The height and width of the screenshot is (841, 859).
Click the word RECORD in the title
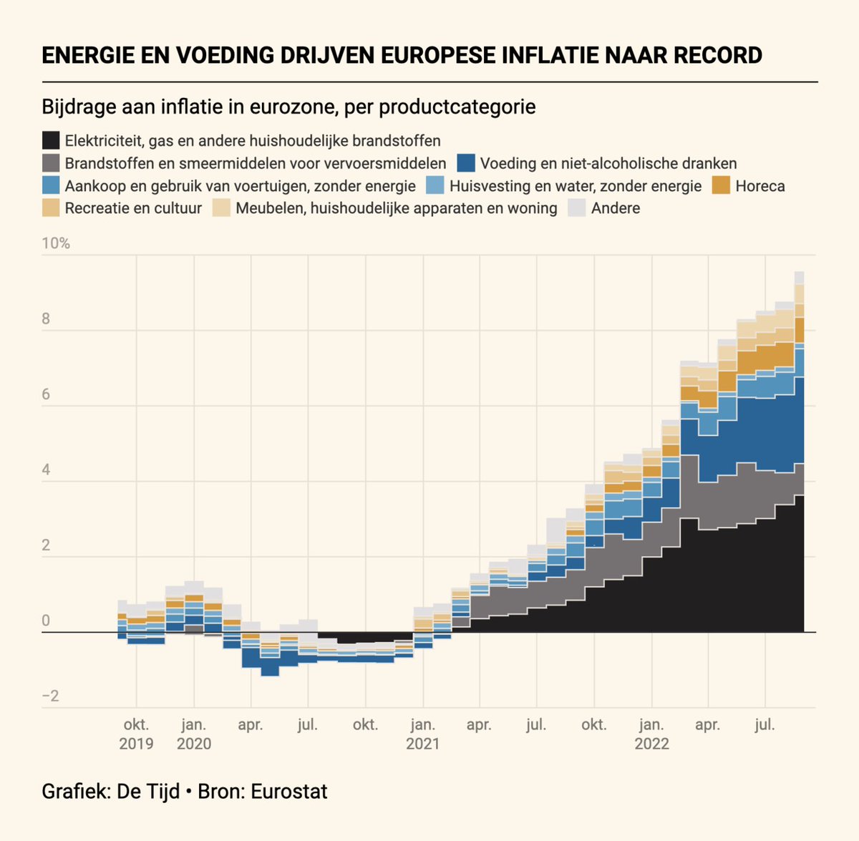[x=717, y=55]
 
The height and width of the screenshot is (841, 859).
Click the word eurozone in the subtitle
[x=290, y=107]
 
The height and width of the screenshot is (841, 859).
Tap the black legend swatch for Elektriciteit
[x=51, y=140]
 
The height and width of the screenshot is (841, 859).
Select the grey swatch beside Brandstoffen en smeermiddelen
[x=51, y=163]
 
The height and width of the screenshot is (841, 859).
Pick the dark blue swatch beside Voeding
[x=466, y=163]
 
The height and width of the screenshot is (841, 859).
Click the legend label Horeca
[x=760, y=186]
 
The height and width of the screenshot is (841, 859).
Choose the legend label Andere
[x=615, y=208]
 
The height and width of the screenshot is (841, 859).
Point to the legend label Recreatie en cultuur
[x=133, y=208]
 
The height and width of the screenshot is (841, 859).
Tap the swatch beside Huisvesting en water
[x=435, y=185]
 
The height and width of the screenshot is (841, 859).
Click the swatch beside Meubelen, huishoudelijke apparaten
[x=221, y=208]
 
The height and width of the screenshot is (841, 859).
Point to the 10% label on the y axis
[x=56, y=243]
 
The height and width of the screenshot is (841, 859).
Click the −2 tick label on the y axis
[x=50, y=696]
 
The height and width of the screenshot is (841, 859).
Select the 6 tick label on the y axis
[x=46, y=394]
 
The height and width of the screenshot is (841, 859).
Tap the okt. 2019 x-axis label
[x=137, y=734]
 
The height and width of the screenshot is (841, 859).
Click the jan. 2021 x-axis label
[x=422, y=734]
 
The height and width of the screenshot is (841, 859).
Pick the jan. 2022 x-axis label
[x=651, y=734]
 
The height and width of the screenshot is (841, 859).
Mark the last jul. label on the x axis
[x=765, y=724]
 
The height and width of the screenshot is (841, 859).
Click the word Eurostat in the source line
[x=289, y=792]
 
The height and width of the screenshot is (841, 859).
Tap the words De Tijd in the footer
[x=148, y=792]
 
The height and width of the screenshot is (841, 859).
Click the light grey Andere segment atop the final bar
[x=800, y=278]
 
